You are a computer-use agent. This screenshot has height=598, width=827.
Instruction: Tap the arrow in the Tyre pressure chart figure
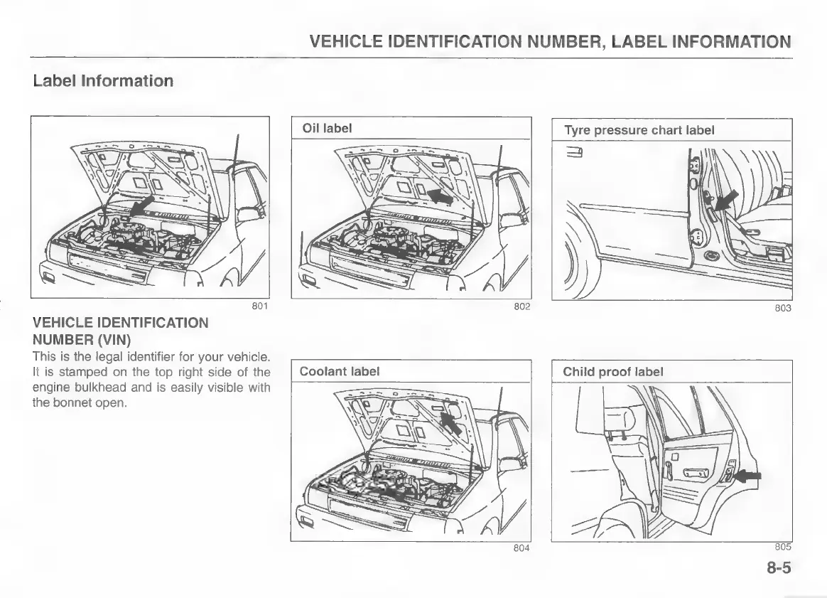[x=725, y=201]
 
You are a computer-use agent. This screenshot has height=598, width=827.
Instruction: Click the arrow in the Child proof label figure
[x=748, y=476]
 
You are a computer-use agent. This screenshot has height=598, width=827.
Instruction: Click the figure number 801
[x=260, y=307]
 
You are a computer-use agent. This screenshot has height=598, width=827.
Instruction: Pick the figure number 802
[x=522, y=307]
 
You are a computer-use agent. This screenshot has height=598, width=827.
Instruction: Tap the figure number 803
[x=783, y=309]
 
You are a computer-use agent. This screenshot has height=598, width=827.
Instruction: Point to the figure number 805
[x=783, y=547]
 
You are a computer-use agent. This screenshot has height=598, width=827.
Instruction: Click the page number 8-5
[x=779, y=569]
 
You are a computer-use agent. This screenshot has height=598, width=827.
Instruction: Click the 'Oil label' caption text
[x=328, y=129]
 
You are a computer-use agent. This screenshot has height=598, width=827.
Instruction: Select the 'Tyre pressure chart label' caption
[x=639, y=130]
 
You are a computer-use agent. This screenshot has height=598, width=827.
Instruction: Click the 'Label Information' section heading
[x=103, y=80]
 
